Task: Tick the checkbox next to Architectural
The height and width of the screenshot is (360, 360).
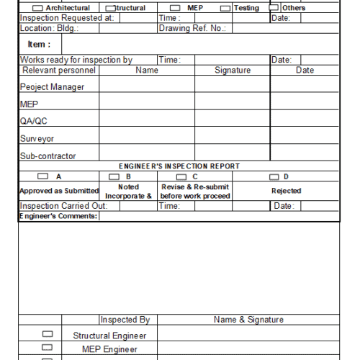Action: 38,8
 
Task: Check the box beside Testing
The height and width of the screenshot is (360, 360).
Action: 225,8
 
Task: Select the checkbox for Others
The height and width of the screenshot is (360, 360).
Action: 274,8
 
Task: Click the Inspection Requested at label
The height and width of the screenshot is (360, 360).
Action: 66,18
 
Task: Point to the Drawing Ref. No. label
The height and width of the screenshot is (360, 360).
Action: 192,29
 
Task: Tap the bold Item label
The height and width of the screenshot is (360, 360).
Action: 35,44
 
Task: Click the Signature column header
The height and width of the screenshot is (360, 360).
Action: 233,71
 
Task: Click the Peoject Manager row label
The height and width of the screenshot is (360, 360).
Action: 52,87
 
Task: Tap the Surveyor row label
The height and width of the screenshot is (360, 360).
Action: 37,139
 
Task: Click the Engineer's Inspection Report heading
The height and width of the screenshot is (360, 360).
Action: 179,166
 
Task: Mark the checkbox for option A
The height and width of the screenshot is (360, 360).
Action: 42,176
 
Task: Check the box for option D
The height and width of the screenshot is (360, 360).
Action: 274,176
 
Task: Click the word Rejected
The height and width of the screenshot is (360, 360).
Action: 286,191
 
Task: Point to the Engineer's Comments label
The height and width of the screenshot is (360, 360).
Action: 58,216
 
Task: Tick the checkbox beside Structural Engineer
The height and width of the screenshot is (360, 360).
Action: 48,334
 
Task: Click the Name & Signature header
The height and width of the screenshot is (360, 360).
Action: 248,320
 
